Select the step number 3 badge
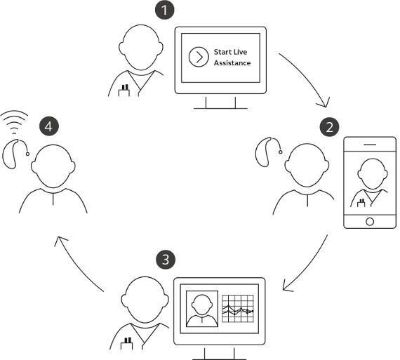click(x=165, y=260)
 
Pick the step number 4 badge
click(x=48, y=126)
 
